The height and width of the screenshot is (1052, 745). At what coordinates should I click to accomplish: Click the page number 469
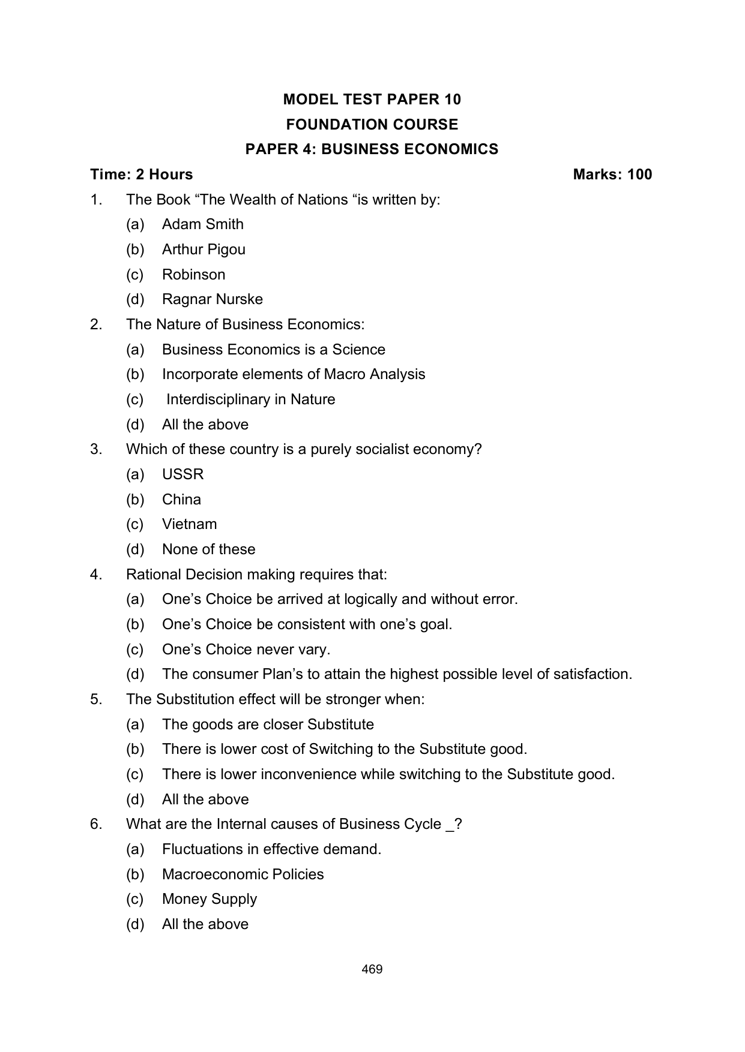[x=372, y=969]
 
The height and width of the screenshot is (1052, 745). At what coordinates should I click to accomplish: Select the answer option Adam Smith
[x=202, y=224]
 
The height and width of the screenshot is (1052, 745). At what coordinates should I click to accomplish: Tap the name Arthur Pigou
[x=204, y=250]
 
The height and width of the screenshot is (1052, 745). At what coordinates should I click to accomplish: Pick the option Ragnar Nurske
[x=212, y=299]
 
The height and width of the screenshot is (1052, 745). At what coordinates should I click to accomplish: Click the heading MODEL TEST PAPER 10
[x=372, y=99]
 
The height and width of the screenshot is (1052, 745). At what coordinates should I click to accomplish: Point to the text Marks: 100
[x=612, y=175]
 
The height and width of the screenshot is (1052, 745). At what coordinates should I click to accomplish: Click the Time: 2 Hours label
[x=142, y=175]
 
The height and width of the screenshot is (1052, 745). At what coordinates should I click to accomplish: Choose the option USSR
[x=182, y=474]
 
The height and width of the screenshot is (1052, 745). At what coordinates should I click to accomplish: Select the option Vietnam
[x=189, y=524]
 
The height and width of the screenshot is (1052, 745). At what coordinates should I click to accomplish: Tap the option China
[x=181, y=500]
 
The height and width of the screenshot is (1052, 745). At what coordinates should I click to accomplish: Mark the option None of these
[x=208, y=549]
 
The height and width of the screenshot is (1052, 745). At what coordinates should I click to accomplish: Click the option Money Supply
[x=209, y=899]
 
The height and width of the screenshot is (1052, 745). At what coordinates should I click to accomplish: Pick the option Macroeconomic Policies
[x=243, y=874]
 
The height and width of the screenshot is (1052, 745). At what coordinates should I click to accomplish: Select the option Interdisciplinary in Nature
[x=250, y=399]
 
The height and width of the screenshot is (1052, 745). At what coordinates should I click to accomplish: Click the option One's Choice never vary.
[x=246, y=650]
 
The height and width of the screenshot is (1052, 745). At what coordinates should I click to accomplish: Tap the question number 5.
[x=96, y=699]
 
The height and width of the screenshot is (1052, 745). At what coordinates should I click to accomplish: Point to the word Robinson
[x=193, y=275]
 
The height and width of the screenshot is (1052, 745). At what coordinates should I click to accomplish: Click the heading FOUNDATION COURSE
[x=372, y=124]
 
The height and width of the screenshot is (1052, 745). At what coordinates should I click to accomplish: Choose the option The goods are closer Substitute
[x=268, y=725]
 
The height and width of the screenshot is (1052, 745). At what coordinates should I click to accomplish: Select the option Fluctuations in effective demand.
[x=271, y=849]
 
